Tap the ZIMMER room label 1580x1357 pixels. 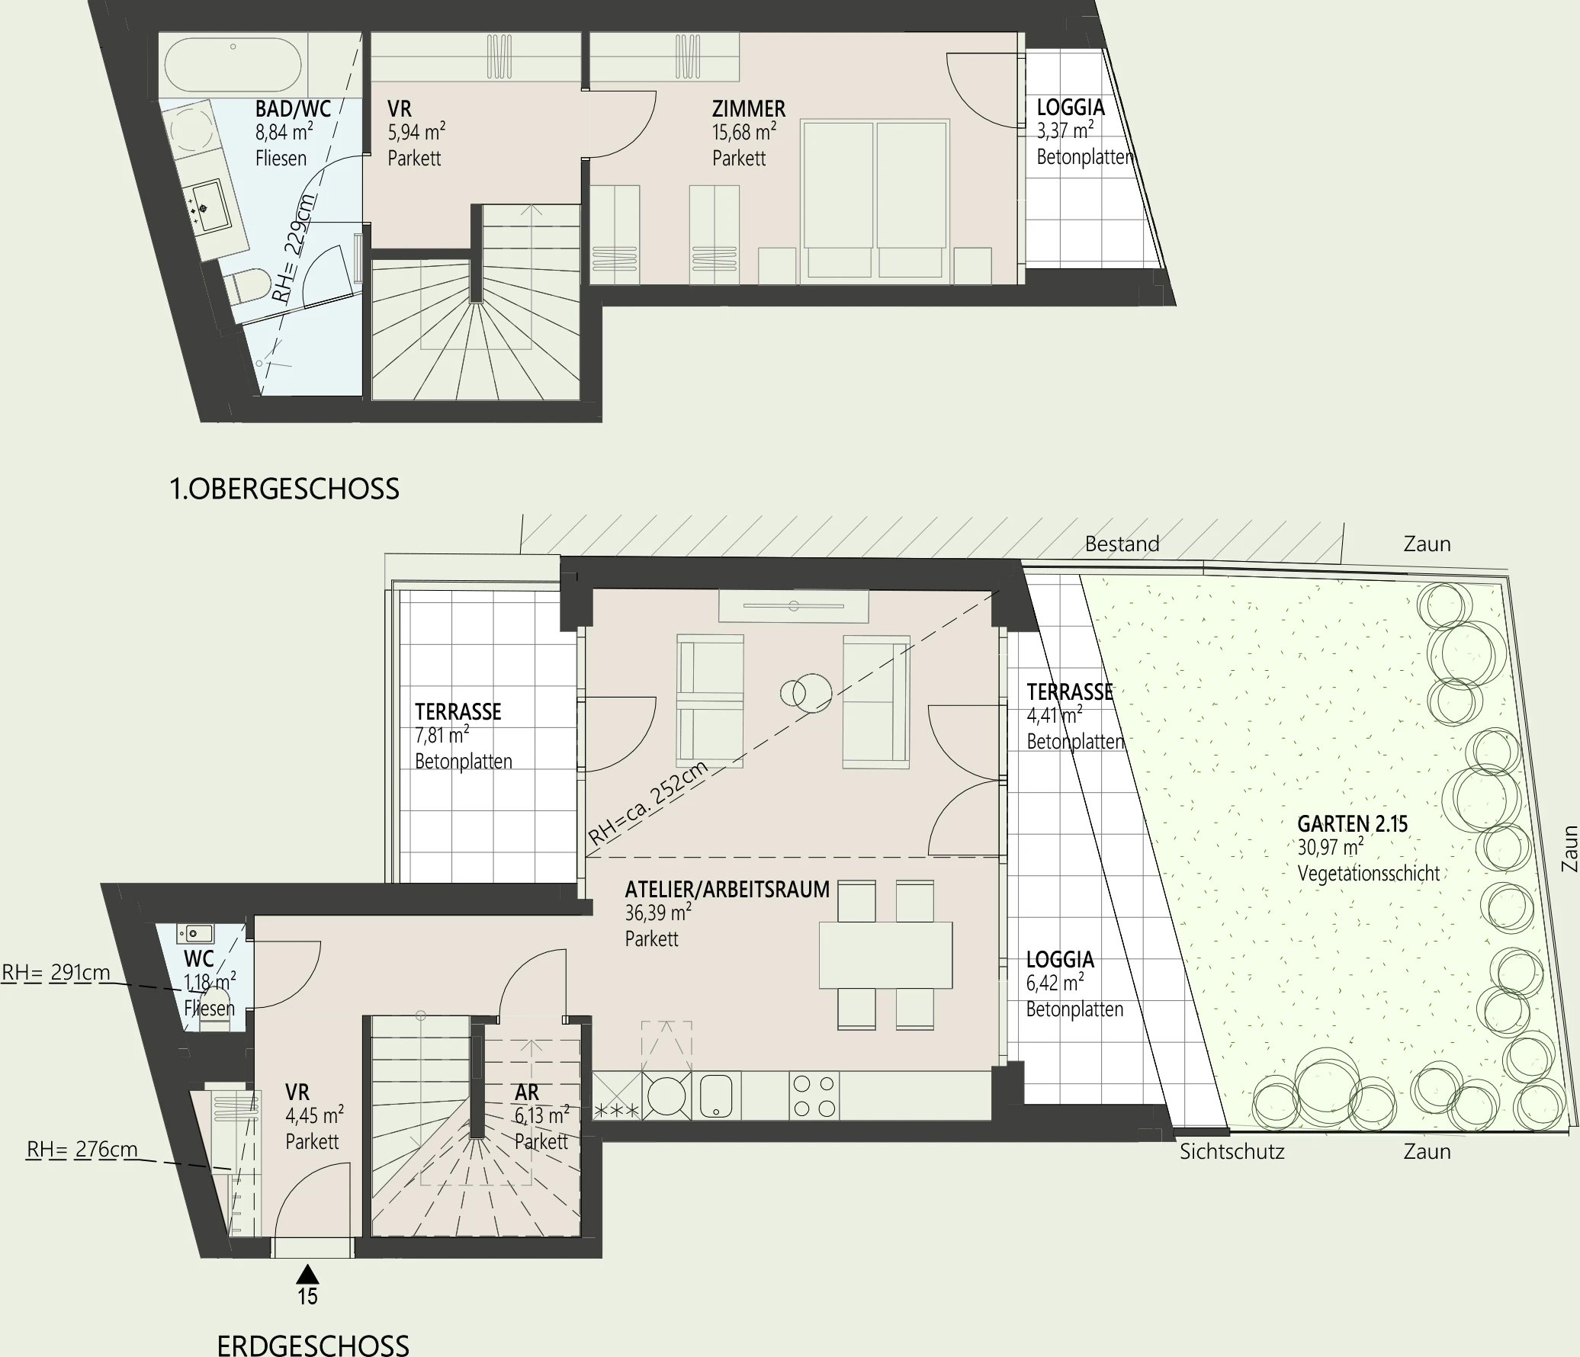pos(748,109)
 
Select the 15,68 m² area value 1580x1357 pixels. pos(743,133)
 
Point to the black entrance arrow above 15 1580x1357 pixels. pos(307,1274)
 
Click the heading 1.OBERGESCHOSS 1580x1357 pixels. pos(284,489)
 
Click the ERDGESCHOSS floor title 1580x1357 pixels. pos(313,1345)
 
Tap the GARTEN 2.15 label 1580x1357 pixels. pos(1352,824)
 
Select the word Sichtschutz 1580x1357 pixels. pos(1232,1151)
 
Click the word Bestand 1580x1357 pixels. pos(1122,544)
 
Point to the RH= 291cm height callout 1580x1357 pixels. pos(56,974)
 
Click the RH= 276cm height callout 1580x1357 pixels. pos(82,1150)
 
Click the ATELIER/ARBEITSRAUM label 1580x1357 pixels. pos(727,890)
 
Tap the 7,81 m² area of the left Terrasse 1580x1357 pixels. pos(442,736)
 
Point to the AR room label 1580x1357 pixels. pos(527,1092)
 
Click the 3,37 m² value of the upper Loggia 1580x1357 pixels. pos(1065,132)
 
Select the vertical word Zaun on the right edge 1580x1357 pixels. pos(1569,849)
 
